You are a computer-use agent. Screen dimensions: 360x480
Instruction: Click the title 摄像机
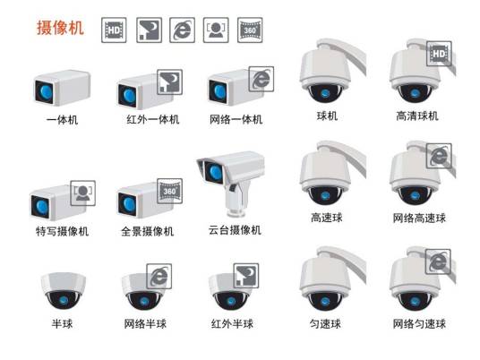59,28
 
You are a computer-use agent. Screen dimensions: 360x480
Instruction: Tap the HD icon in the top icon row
116,30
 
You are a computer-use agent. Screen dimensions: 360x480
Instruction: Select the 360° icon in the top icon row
250,30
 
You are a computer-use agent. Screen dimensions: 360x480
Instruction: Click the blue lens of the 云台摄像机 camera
214,169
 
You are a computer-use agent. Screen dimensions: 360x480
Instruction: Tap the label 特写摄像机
61,231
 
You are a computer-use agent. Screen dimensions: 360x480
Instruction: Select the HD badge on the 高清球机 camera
438,54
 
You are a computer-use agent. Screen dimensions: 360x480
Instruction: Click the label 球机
327,116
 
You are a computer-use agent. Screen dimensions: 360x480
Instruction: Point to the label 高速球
327,218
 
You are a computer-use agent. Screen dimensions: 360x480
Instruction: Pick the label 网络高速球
419,218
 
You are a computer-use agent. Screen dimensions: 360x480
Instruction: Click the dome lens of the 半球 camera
59,299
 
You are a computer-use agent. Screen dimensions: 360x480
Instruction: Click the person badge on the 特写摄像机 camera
83,192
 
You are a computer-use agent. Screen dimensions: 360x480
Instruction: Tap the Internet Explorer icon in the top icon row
183,30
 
